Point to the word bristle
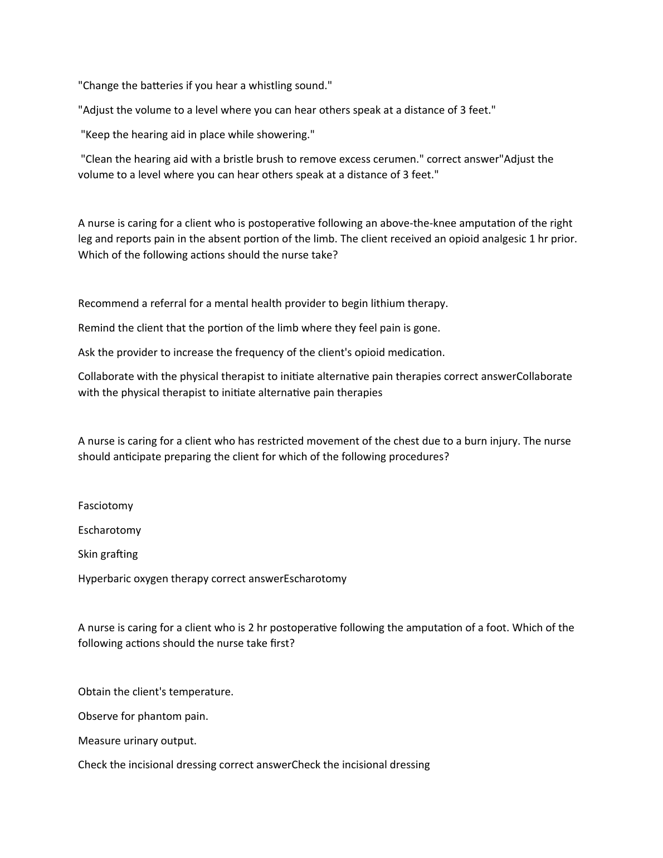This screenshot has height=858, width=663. pos(235,159)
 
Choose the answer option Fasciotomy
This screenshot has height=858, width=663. pos(106,505)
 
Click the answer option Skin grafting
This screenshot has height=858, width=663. pos(108,554)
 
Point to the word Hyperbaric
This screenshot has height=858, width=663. pos(104,578)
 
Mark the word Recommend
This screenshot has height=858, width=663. pos(109,303)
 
